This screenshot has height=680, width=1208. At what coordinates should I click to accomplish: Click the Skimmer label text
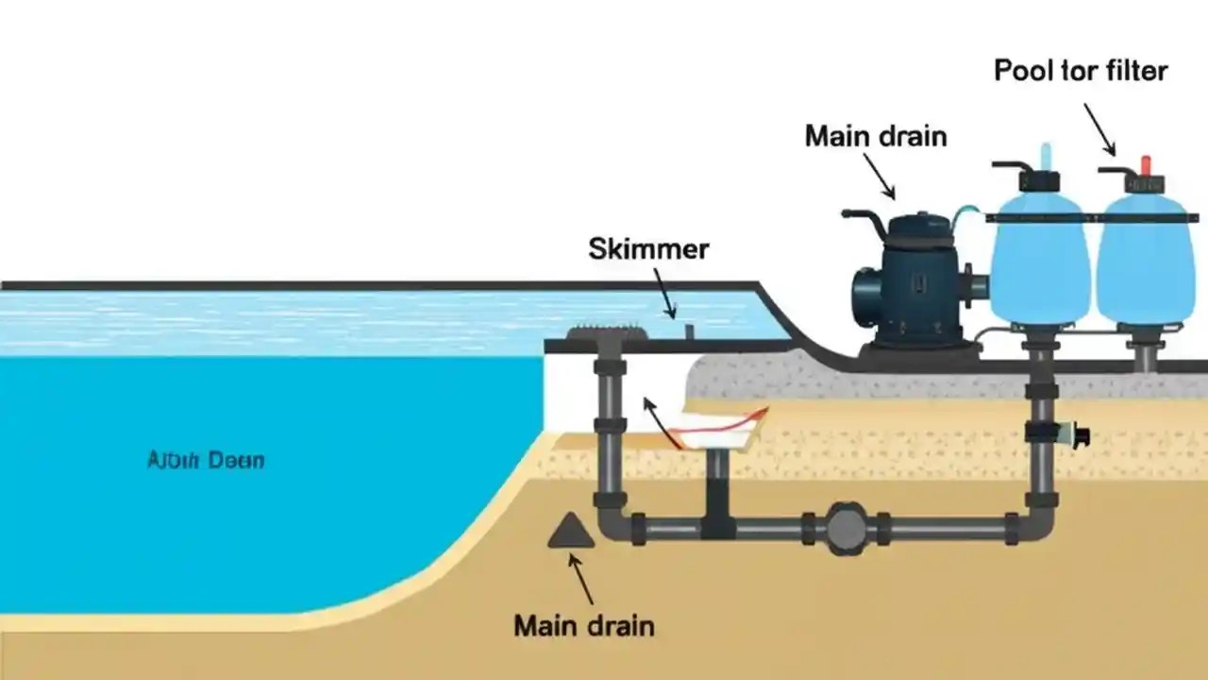pos(648,249)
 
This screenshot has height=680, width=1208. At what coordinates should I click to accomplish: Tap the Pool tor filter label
pos(1081,71)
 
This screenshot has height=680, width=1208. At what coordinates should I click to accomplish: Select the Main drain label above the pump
pos(875,136)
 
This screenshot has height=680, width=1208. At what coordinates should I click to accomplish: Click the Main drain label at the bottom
pos(584,625)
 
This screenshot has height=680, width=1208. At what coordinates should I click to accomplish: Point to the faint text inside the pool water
pos(207,462)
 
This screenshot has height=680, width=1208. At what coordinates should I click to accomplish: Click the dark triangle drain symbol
pos(571,532)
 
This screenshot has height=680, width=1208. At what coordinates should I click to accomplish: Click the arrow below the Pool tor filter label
pos(1099,129)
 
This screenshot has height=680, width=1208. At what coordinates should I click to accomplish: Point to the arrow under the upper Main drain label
pos(879,177)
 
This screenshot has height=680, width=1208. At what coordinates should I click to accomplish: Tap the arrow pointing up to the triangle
pos(580,577)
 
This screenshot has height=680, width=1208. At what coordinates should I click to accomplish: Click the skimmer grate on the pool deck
pos(607,333)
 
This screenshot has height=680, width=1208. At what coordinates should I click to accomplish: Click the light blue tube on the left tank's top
pos(1045,156)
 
